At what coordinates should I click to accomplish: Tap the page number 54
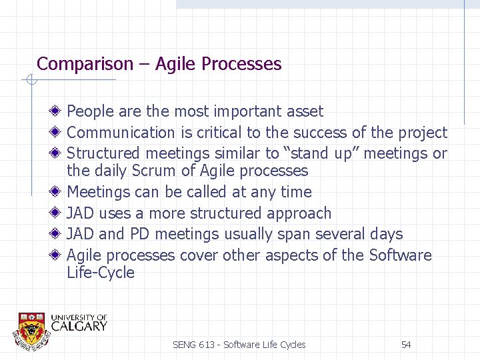pyautogui.click(x=406, y=345)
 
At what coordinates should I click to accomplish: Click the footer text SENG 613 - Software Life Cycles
pyautogui.click(x=239, y=345)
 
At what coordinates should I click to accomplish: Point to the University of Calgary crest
pyautogui.click(x=31, y=329)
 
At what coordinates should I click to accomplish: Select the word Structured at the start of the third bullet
pyautogui.click(x=104, y=153)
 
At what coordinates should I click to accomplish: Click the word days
pyautogui.click(x=387, y=234)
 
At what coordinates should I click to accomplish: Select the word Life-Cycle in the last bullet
pyautogui.click(x=101, y=273)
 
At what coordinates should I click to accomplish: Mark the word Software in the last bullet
pyautogui.click(x=400, y=255)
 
